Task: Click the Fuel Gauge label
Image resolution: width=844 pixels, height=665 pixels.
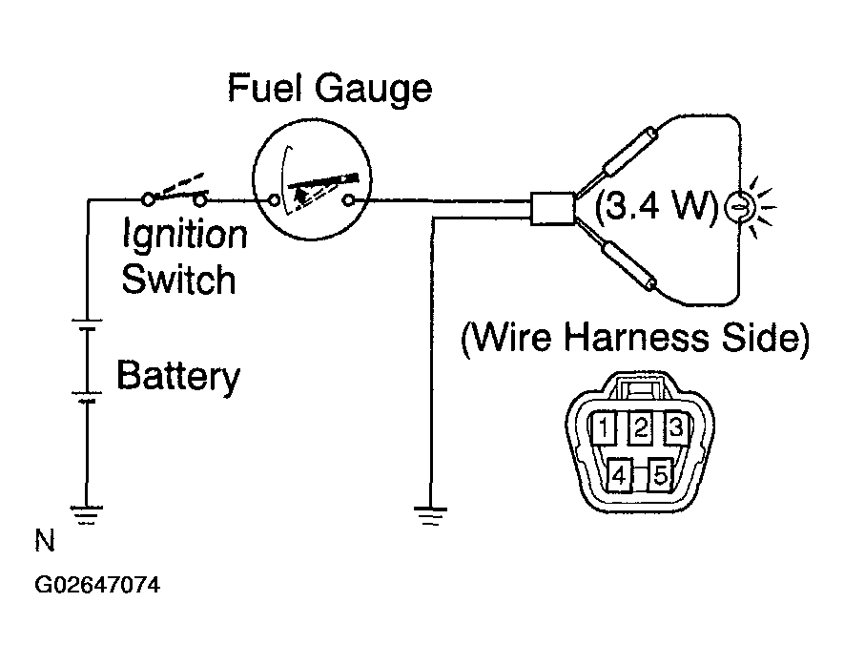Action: coord(329,89)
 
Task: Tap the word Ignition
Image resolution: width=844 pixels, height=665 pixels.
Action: coord(185,235)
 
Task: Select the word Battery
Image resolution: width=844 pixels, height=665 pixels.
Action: coord(178,376)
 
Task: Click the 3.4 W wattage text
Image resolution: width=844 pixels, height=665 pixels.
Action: coord(657,205)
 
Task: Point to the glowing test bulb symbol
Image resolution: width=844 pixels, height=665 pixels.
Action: coord(739,207)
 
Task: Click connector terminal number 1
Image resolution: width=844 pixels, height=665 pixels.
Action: coord(603,427)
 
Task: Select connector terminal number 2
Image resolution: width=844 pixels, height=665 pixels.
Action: coord(641,427)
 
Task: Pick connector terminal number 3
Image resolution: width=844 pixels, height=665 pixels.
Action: coord(676,427)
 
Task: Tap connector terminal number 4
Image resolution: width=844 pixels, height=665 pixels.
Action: coord(620,474)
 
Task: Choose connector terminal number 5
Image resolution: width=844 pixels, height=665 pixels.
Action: coord(660,474)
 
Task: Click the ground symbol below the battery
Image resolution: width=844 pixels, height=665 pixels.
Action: coord(86,515)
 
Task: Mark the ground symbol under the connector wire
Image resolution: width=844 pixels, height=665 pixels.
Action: coord(431,516)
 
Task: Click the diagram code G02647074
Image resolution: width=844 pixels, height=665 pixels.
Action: coord(97,585)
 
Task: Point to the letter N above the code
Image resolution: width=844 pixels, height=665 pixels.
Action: coord(45,540)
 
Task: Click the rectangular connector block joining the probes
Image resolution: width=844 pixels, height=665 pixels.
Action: coord(552,208)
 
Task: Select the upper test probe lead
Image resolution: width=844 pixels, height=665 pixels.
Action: coord(617,160)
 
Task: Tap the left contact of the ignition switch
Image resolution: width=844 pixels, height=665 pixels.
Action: coord(148,199)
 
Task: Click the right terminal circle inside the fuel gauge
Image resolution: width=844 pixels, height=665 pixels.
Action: coord(349,201)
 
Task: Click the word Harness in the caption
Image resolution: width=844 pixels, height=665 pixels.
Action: coord(636,338)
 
